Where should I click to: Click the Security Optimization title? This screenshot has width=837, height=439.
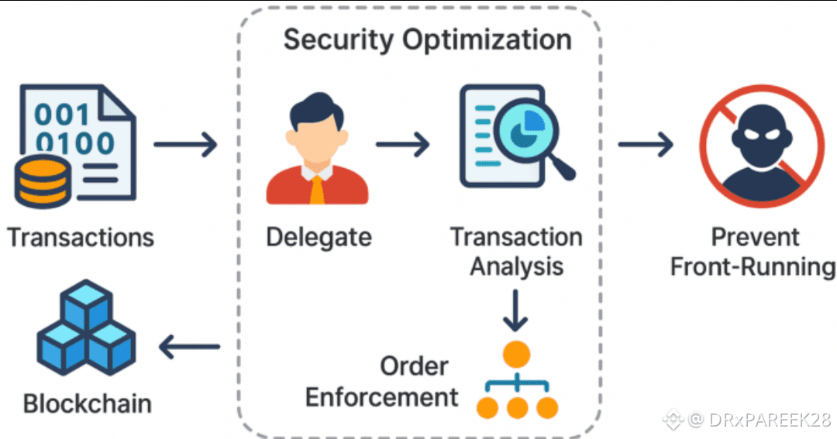[428, 39]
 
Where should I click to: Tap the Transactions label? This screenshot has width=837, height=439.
[81, 237]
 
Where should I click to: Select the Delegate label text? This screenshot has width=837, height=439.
[319, 237]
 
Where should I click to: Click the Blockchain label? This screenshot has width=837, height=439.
[87, 403]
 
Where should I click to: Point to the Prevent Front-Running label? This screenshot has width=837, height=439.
[753, 252]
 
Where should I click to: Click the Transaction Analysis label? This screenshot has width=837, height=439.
[516, 252]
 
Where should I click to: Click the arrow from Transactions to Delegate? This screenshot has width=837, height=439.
[186, 145]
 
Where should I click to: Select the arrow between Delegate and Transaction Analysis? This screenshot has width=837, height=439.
[403, 144]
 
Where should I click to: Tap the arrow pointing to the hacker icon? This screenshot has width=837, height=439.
[646, 144]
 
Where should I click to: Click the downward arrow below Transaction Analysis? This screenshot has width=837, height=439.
[515, 310]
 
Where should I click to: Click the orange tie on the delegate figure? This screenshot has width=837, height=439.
[317, 189]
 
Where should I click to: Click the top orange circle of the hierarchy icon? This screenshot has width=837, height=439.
[516, 354]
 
